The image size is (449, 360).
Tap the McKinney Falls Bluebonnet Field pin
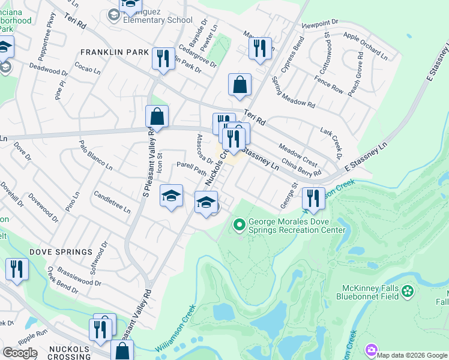[408, 292]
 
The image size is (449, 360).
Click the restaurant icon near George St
[313, 198]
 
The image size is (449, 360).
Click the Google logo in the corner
[20, 353]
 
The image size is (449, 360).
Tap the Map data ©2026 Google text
[412, 355]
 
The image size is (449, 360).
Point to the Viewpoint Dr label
[320, 24]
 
